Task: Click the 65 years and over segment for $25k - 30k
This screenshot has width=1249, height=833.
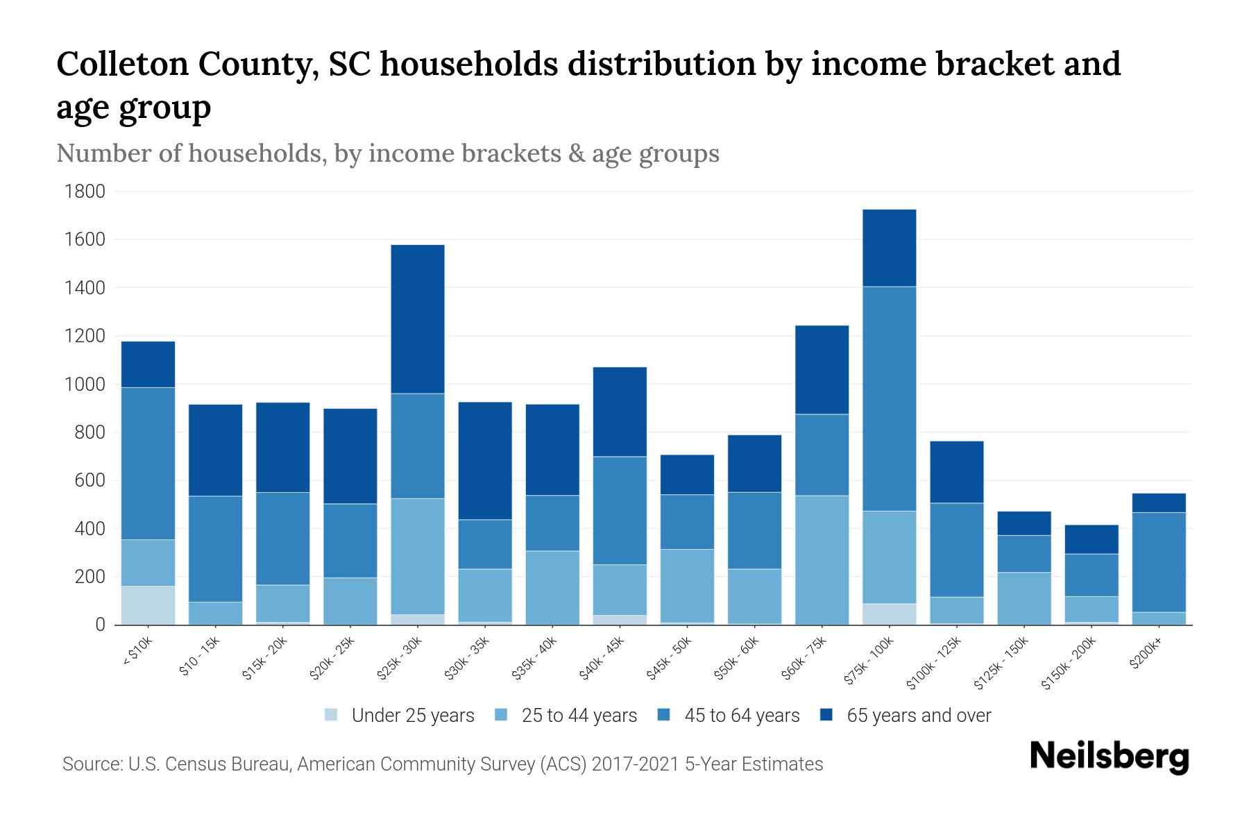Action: (418, 319)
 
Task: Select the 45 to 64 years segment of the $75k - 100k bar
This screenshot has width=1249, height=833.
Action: (889, 398)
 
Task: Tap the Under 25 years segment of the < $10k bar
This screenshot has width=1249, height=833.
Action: (148, 605)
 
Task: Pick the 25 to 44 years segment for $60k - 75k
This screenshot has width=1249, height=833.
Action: (822, 559)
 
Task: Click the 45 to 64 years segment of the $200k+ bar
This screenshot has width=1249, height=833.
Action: (1158, 562)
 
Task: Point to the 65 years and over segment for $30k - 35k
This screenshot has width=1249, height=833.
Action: (485, 460)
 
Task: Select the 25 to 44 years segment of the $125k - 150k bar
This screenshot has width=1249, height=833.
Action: (1023, 598)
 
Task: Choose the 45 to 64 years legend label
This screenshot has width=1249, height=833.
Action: (742, 716)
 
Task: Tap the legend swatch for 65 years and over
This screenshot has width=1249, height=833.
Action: (826, 715)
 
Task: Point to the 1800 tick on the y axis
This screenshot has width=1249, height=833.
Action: (85, 192)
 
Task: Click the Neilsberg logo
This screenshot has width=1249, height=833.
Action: (1110, 756)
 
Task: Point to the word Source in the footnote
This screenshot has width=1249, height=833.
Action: (91, 764)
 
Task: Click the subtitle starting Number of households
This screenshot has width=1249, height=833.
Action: (387, 153)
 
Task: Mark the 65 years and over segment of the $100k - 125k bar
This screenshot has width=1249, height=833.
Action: (956, 472)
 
